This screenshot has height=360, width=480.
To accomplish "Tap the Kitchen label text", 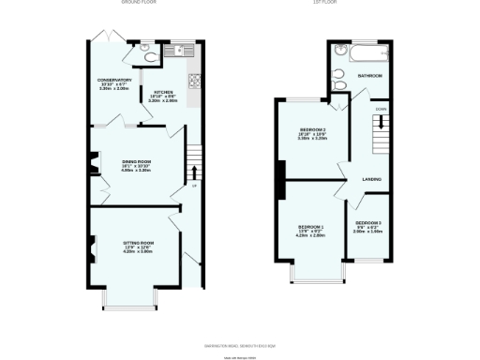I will [163, 92].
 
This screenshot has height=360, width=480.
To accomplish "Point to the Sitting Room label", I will [138, 243].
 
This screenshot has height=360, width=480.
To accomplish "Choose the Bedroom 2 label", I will [312, 128].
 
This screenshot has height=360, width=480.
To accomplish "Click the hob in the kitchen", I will [194, 81].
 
